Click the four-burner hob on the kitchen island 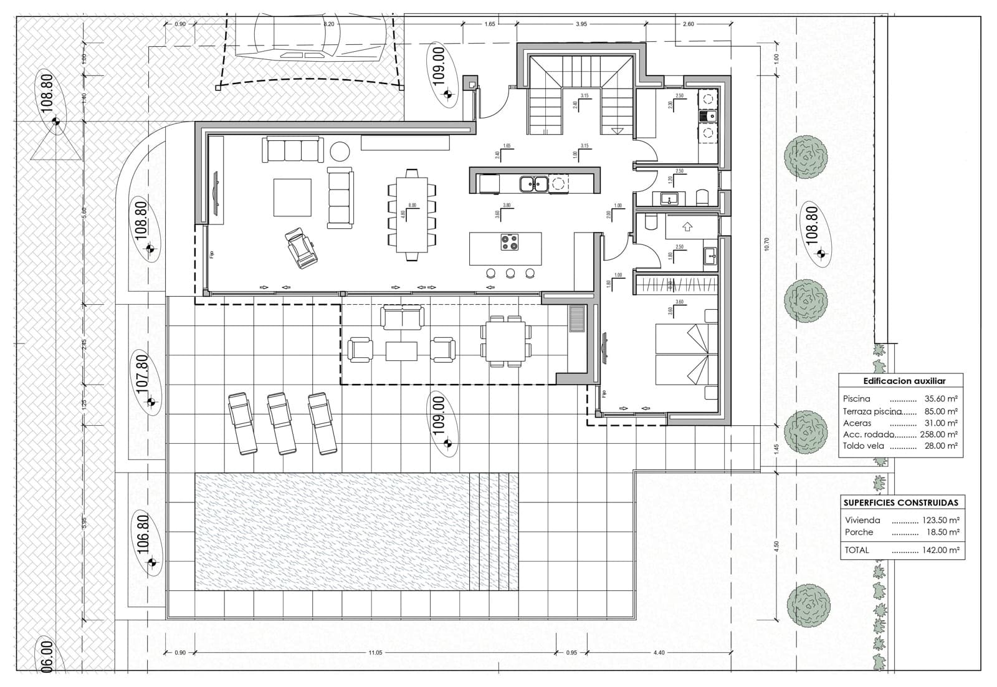click(x=510, y=242)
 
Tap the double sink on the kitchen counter click(x=534, y=183)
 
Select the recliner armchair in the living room click(x=302, y=248)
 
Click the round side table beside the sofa click(x=340, y=151)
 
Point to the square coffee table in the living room click(x=292, y=197)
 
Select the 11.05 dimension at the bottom click(x=374, y=653)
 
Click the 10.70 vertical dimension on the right click(x=766, y=244)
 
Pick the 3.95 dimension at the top click(x=581, y=24)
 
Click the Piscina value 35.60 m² click(x=941, y=399)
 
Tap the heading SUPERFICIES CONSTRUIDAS click(x=900, y=502)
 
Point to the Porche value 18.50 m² click(x=941, y=532)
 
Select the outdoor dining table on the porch click(x=506, y=340)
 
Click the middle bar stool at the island click(x=510, y=273)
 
